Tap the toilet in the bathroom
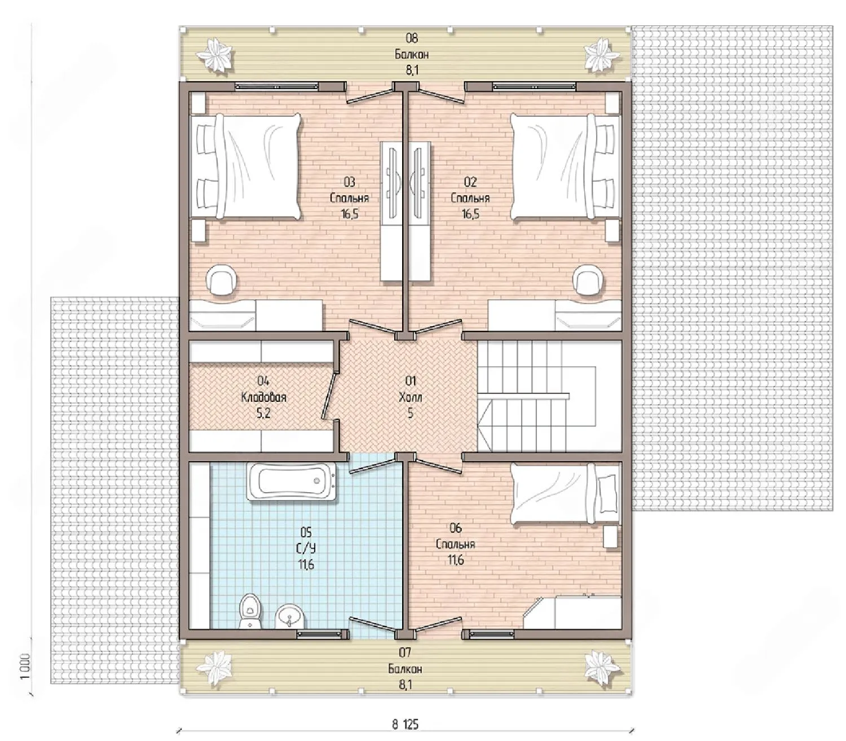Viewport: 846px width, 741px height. (x=250, y=611)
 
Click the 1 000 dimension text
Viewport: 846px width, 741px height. (x=25, y=666)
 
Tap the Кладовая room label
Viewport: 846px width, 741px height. (x=264, y=398)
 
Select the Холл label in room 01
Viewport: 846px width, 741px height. (x=410, y=398)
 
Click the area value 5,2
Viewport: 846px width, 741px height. (x=263, y=413)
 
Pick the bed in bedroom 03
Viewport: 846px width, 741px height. (x=245, y=166)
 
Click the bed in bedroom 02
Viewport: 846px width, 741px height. (x=566, y=166)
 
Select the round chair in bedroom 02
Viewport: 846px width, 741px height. (x=589, y=280)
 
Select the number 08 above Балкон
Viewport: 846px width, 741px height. (x=411, y=38)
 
